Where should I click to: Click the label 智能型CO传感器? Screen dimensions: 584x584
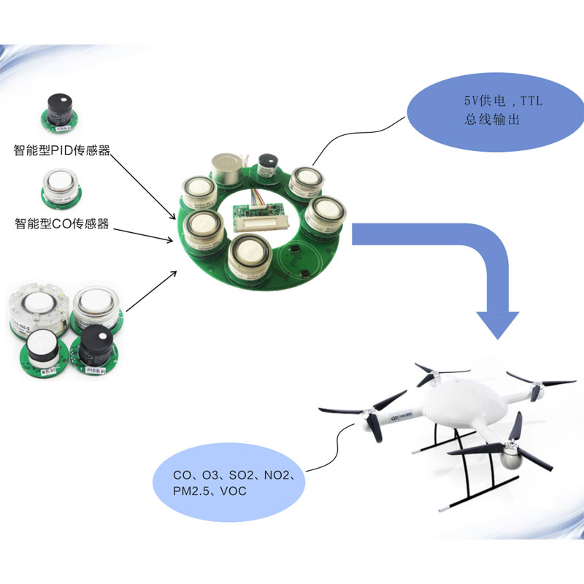61,223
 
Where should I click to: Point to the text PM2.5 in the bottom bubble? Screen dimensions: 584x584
190,491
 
